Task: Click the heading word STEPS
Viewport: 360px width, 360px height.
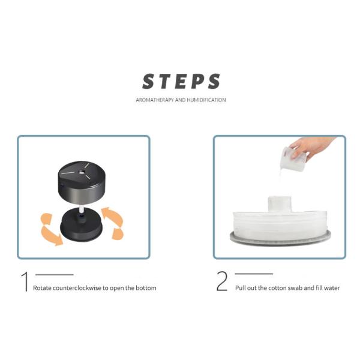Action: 181,81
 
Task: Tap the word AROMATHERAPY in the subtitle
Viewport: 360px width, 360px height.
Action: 155,100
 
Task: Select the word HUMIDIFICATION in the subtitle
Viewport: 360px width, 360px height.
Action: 206,100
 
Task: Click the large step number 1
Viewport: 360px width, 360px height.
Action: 25,282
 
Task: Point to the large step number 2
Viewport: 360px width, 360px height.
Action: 222,281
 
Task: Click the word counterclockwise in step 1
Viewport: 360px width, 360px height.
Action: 77,288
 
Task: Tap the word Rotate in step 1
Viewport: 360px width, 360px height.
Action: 42,288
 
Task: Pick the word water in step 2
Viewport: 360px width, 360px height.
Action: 332,288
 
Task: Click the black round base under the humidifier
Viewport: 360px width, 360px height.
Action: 80,226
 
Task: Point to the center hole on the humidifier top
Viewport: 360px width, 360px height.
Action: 82,172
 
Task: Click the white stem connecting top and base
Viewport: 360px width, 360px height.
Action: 81,211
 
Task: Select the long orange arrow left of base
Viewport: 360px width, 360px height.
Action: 51,236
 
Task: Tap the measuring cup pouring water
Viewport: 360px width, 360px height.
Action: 293,160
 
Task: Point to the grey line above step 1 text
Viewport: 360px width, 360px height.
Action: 55,274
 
